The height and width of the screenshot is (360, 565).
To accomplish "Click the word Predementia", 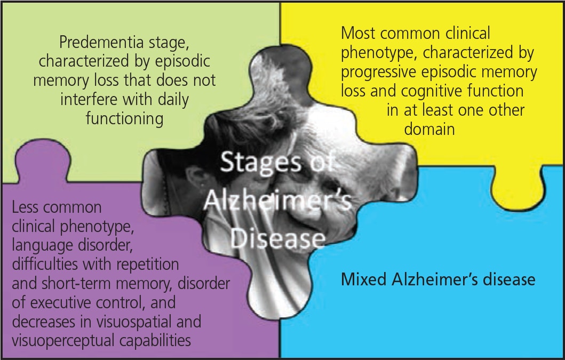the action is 96,43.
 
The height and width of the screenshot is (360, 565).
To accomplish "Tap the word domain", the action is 429,129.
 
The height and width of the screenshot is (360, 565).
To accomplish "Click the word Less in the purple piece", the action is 27,207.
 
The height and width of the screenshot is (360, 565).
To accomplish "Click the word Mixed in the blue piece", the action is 364,279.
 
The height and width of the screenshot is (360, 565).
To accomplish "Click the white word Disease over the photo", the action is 278,238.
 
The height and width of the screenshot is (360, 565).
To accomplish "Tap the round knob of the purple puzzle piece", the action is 43,158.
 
